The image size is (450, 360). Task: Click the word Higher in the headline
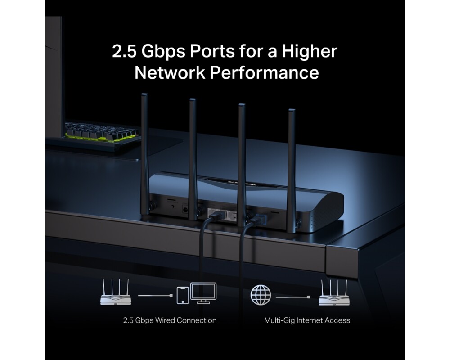coord(310,51)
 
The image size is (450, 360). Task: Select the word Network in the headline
coord(170,72)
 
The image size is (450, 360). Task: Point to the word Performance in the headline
coord(264,72)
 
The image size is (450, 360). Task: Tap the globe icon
coord(261,295)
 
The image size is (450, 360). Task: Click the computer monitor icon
coord(203,293)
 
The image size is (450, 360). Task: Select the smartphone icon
coord(183,295)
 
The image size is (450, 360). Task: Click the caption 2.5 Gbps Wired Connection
coord(170,320)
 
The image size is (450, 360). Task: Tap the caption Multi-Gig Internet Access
coord(307,320)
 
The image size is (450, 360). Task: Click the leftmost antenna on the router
coord(145,155)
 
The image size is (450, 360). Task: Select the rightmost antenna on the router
coord(292,171)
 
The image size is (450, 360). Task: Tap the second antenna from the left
coord(193,159)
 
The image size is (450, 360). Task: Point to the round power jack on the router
coord(185,210)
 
